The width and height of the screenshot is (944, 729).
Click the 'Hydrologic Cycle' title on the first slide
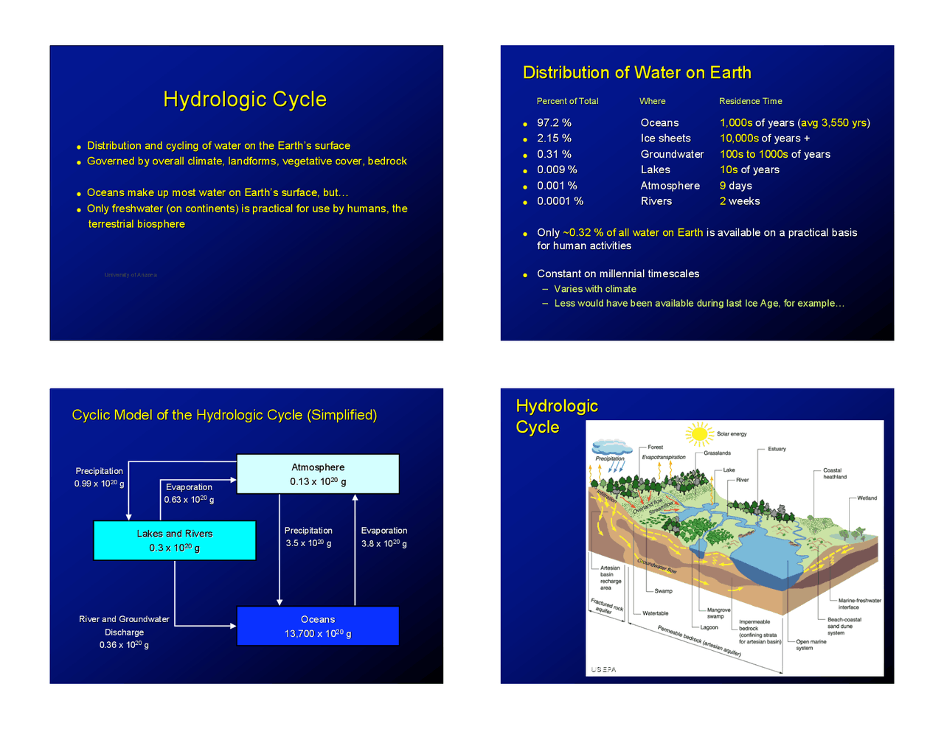click(245, 100)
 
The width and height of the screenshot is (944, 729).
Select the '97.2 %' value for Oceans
click(554, 123)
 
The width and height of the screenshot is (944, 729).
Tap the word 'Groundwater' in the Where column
click(672, 154)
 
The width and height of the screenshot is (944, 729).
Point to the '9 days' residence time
click(736, 186)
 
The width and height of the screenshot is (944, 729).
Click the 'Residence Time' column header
click(750, 101)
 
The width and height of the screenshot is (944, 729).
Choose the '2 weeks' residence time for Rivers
click(740, 201)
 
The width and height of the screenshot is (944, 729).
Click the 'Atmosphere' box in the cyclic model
click(318, 474)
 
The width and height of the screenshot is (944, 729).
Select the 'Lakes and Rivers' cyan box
click(175, 540)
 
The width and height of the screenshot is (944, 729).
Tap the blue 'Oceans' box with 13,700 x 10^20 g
click(318, 626)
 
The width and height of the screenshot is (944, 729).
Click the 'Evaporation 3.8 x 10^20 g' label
click(383, 537)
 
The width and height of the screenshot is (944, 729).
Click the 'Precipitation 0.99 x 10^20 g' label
click(99, 477)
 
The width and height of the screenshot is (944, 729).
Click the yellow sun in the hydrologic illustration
click(698, 433)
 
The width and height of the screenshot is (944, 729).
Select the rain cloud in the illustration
click(611, 447)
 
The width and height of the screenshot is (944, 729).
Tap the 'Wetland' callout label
click(867, 498)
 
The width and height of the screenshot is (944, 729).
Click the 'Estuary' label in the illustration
click(777, 449)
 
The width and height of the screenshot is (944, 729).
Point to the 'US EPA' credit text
click(603, 669)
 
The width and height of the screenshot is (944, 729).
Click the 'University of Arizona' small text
click(131, 275)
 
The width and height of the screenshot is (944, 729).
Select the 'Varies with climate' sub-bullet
click(595, 289)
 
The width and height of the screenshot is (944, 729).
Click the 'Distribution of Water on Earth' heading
click(636, 73)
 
